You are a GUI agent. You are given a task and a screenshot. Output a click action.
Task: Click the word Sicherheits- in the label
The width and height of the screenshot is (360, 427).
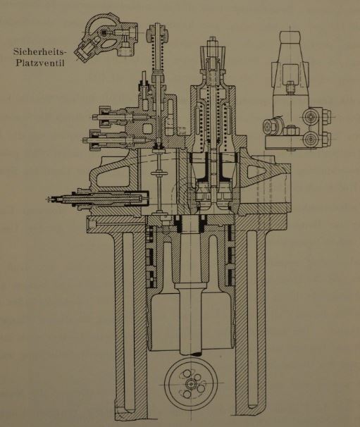(x=39, y=51)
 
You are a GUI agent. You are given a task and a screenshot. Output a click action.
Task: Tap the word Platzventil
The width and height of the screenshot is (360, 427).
(x=40, y=63)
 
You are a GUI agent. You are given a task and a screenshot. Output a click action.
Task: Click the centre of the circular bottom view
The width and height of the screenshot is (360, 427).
(x=191, y=383)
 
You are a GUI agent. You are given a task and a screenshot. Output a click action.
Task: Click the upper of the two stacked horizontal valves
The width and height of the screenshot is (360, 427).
(x=120, y=116)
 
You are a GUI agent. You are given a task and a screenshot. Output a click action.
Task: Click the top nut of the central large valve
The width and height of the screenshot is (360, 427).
(x=212, y=43)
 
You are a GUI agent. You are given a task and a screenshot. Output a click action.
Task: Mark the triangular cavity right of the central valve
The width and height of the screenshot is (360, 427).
(x=256, y=171)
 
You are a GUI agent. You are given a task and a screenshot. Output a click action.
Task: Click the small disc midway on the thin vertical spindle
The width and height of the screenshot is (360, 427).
(x=159, y=175)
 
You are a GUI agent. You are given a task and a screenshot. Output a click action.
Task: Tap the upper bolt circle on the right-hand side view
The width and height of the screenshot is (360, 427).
(x=311, y=116)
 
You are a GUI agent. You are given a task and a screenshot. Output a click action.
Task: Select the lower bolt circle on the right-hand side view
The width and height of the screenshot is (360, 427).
(x=310, y=140)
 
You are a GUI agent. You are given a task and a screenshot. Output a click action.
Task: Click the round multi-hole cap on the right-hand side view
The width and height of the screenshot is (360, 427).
(x=271, y=126)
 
